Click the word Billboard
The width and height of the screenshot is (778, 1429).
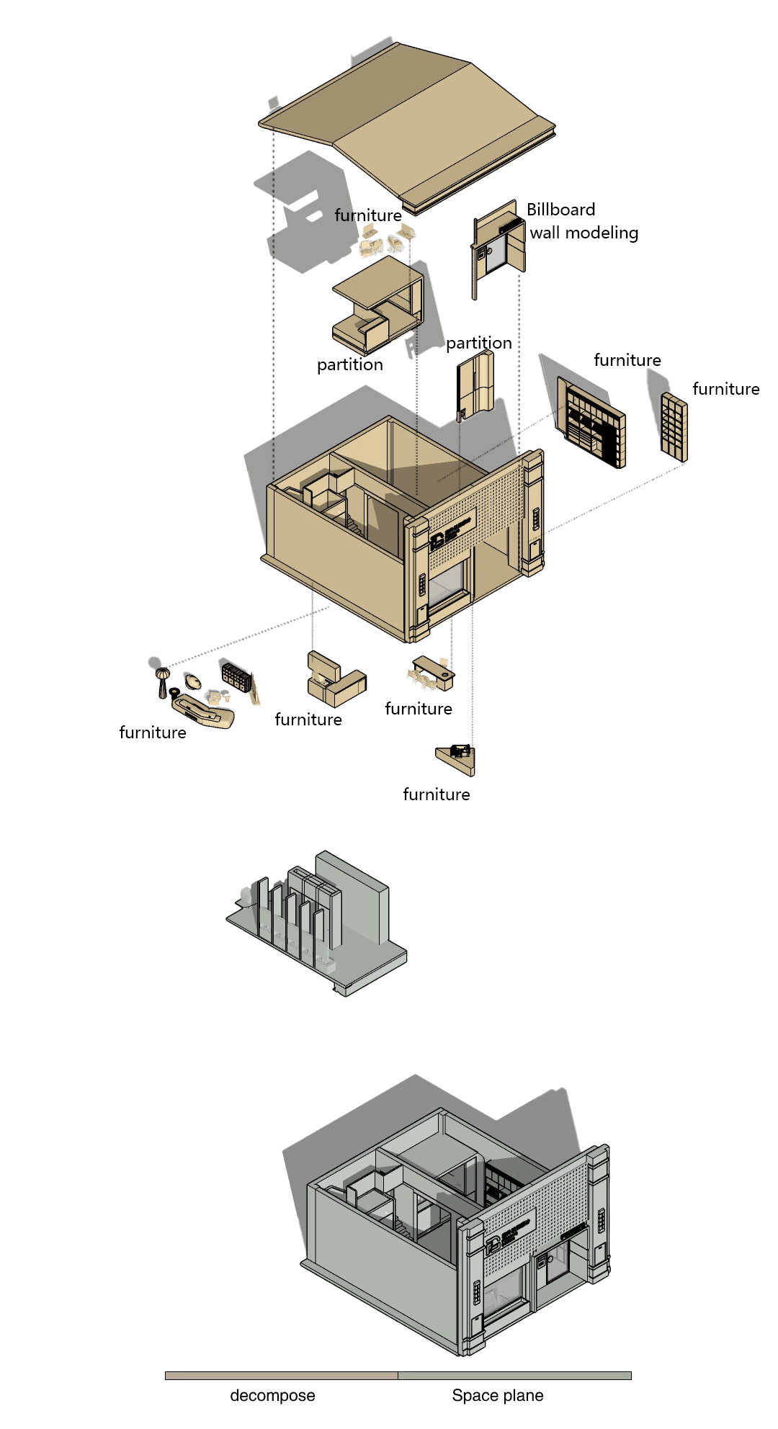pyautogui.click(x=560, y=210)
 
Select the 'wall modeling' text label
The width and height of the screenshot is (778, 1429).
pyautogui.click(x=584, y=233)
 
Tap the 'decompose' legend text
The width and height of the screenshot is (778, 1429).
pyautogui.click(x=272, y=1395)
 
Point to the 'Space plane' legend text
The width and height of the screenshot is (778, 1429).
pyautogui.click(x=497, y=1395)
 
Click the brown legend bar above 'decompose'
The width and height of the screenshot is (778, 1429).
pyautogui.click(x=281, y=1375)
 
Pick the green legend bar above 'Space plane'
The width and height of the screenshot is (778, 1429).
pyautogui.click(x=514, y=1375)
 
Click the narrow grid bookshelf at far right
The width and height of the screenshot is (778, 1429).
pyautogui.click(x=674, y=427)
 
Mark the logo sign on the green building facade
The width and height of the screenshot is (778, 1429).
pyautogui.click(x=510, y=1236)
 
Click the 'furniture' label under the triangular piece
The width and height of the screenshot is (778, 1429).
pyautogui.click(x=436, y=794)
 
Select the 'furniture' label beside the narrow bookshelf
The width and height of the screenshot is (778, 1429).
pyautogui.click(x=725, y=389)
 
